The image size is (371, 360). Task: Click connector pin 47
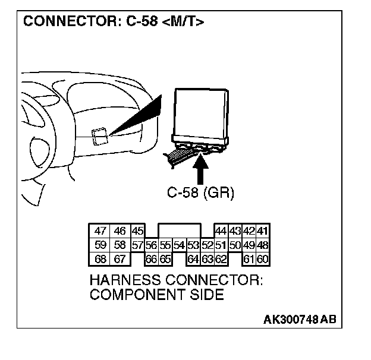100,231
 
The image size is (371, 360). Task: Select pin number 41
263,231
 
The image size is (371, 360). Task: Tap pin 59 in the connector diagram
100,245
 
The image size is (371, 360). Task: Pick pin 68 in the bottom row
100,258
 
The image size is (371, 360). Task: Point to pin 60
263,258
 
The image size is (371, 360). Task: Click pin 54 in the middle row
179,245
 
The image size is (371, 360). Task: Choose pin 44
221,231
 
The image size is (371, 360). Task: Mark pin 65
165,258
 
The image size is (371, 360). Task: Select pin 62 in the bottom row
221,258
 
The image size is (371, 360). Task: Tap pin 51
221,245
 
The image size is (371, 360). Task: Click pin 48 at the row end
263,245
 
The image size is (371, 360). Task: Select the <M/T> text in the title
184,23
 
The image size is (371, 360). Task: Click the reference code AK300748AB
300,320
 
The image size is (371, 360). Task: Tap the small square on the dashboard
99,136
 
